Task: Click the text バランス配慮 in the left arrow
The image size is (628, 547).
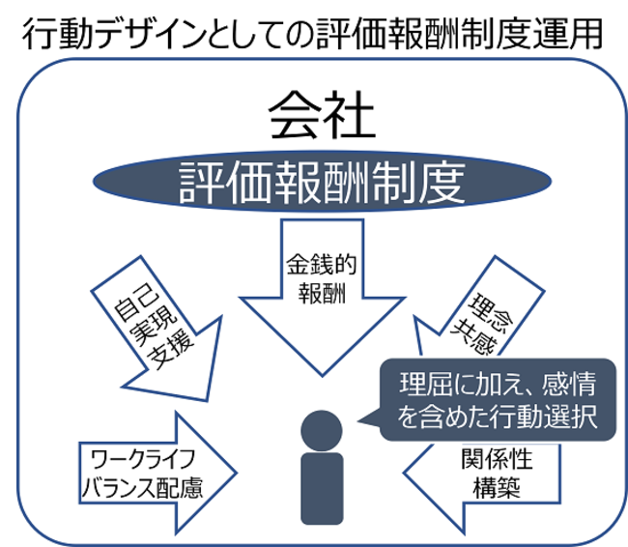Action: tap(145, 486)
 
